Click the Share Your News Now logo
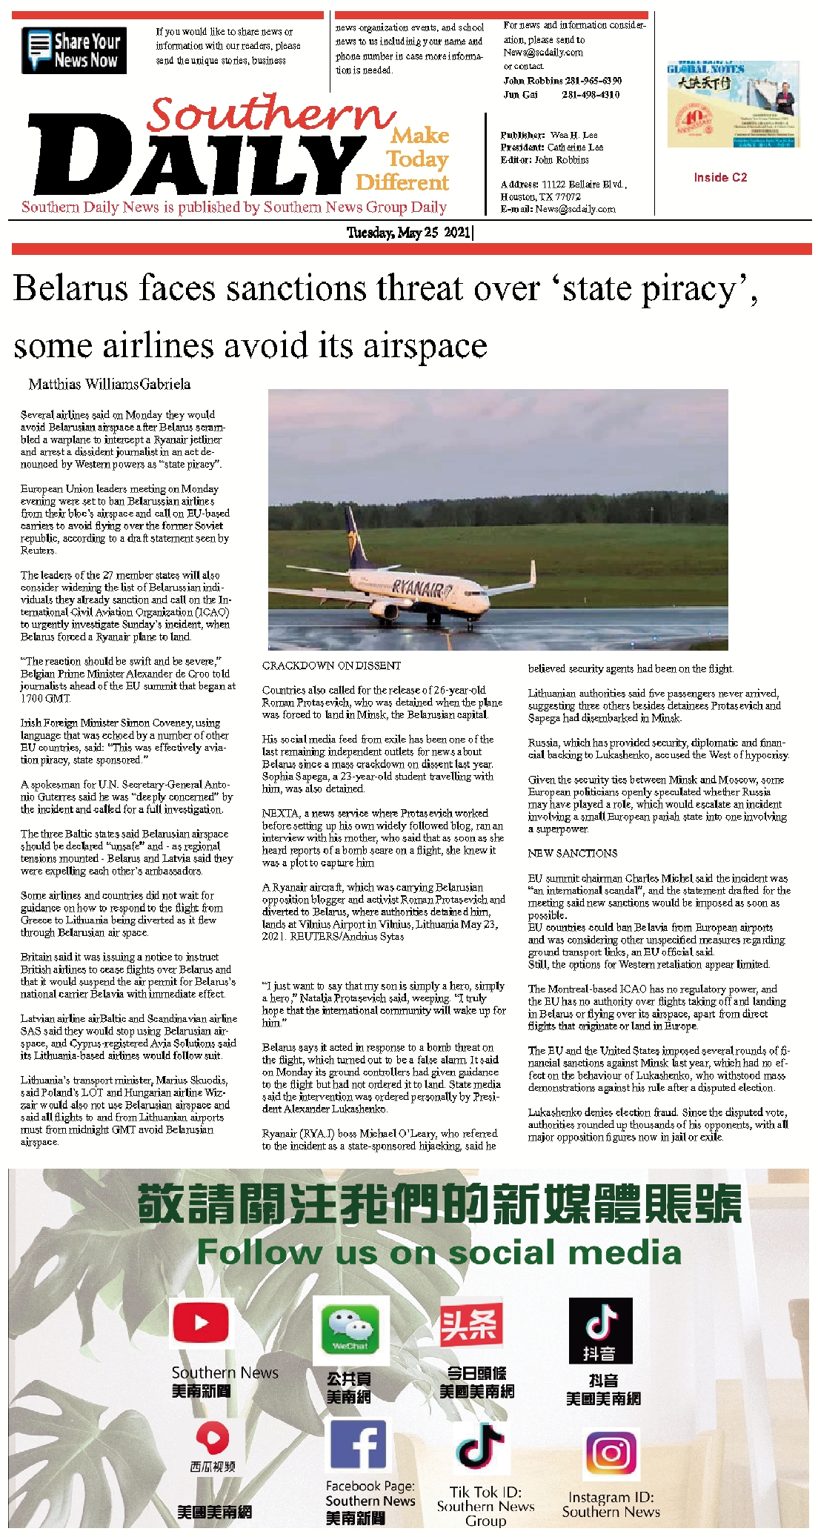coord(74,50)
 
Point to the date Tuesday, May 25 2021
coord(410,233)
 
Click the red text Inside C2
coord(720,177)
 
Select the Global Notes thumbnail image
coord(733,104)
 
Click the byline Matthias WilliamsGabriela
coord(110,384)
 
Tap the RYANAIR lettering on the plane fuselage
coord(422,589)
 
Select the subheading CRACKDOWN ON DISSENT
coord(331,665)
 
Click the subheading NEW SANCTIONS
coord(572,853)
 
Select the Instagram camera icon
coord(611,1454)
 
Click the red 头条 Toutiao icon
coord(471,1325)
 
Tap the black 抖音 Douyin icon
coord(600,1330)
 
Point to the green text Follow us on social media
coord(439,1252)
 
